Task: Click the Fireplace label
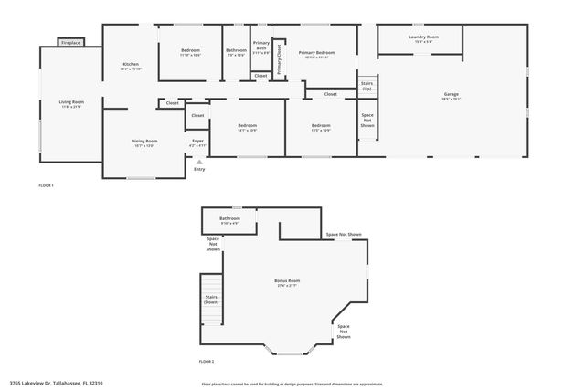point(70,43)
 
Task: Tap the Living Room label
point(71,102)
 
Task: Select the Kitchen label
point(131,65)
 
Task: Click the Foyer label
point(197,142)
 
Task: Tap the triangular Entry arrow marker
point(199,162)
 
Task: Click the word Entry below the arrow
point(199,169)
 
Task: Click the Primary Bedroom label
point(316,54)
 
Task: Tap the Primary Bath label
point(261,47)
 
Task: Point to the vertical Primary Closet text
point(280,56)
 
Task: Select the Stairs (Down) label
point(211,299)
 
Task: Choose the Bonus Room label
point(287,281)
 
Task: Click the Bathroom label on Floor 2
point(229,219)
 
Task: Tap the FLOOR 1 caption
point(46,186)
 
